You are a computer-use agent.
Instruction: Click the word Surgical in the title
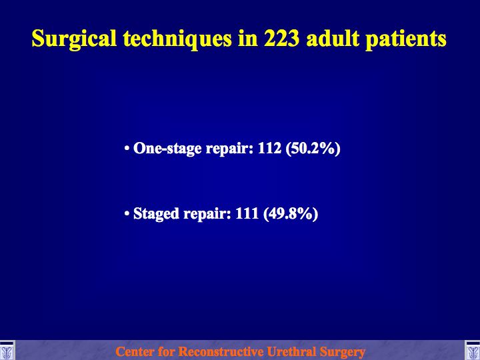click(75, 39)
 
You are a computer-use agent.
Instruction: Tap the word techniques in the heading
click(177, 39)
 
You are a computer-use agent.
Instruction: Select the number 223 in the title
click(282, 39)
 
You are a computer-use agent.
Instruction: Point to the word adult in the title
click(333, 39)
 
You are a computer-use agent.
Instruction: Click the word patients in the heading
click(406, 39)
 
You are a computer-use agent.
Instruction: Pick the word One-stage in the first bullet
click(167, 148)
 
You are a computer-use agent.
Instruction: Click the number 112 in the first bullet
click(269, 148)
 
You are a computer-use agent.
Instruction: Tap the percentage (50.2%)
click(313, 149)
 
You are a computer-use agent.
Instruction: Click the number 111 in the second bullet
click(247, 213)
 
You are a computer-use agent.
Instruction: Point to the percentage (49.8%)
click(291, 214)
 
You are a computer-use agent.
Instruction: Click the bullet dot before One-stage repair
click(127, 149)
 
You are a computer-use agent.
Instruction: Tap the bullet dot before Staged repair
click(127, 214)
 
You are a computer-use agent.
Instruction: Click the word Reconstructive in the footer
click(221, 351)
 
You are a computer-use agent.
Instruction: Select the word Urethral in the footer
click(292, 351)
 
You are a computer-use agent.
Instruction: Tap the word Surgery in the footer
click(342, 352)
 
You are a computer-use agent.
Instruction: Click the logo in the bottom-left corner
click(7, 350)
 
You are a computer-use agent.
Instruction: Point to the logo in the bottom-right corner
click(473, 350)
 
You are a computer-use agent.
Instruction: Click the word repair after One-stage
click(229, 149)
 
